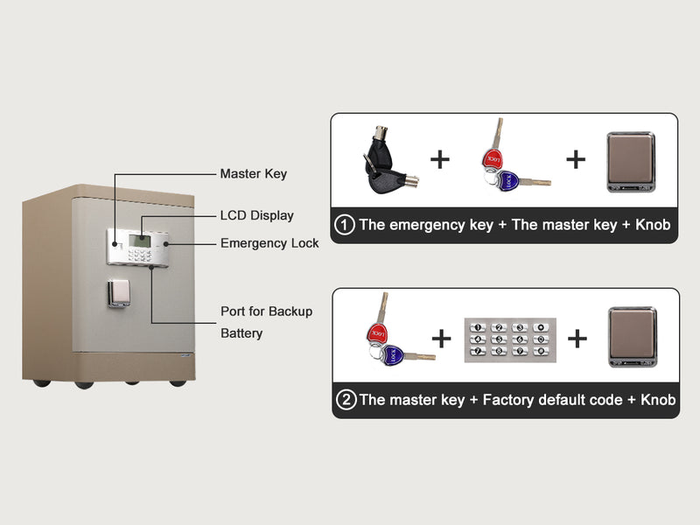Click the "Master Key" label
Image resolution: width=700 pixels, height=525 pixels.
click(253, 174)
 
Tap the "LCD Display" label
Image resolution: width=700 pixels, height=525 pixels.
click(256, 215)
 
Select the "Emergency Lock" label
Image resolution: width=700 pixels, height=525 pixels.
click(269, 243)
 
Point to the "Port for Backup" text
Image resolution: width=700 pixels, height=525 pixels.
click(266, 311)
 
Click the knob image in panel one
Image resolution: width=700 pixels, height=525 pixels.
click(632, 160)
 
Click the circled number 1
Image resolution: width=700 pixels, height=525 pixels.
click(345, 225)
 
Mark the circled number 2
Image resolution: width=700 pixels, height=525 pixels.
click(346, 400)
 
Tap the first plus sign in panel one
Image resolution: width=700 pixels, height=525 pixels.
click(439, 159)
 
